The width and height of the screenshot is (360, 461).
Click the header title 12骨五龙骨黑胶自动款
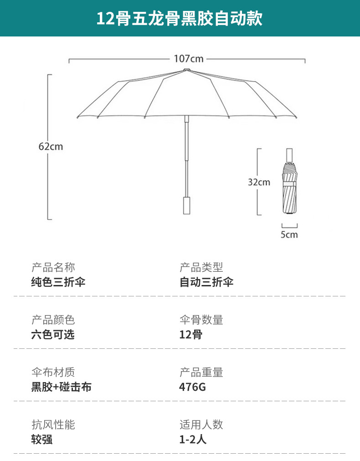(179, 18)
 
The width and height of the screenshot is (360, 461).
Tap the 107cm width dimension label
(189, 59)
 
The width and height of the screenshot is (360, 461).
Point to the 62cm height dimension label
(51, 146)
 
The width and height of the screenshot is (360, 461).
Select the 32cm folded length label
(259, 182)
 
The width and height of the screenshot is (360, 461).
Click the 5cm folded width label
(289, 235)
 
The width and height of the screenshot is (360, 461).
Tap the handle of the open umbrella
(187, 205)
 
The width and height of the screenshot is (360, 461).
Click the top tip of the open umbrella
(186, 70)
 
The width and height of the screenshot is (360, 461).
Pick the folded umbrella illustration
(289, 181)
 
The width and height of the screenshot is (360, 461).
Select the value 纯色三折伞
(58, 282)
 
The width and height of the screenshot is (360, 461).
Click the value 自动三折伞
(206, 282)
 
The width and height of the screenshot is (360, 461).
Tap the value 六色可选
(53, 335)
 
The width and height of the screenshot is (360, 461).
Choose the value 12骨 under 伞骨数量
(191, 335)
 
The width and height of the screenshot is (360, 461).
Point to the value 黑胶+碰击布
(62, 387)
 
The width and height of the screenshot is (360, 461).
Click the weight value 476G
(192, 387)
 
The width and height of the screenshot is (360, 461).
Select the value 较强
(42, 440)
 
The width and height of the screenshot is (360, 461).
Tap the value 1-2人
(193, 440)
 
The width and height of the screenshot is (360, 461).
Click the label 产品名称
(53, 268)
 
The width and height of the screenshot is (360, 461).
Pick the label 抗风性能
(53, 425)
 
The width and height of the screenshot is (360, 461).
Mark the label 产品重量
(201, 373)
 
